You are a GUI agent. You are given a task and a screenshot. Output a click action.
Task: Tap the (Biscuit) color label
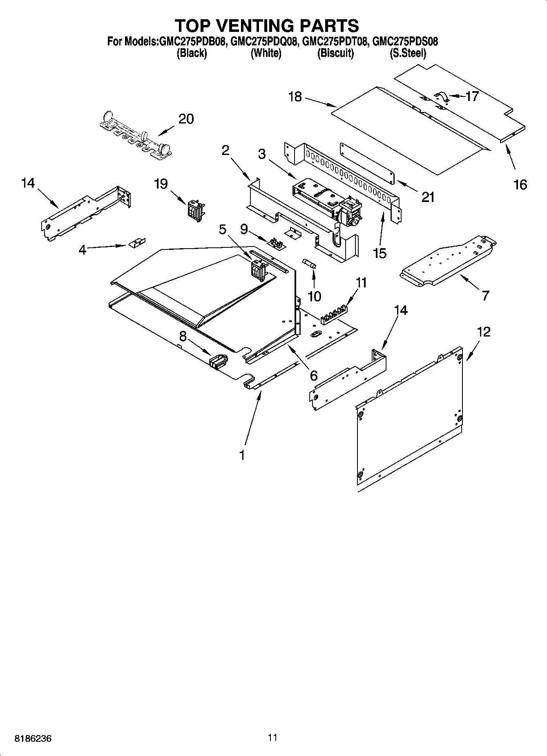coord(335,53)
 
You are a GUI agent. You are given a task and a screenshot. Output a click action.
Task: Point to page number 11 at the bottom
coord(273,737)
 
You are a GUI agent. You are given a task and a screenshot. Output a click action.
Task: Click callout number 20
coord(186,119)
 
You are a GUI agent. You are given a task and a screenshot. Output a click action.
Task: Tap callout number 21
coord(428,197)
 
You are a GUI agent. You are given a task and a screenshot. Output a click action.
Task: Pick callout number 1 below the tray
coord(242,455)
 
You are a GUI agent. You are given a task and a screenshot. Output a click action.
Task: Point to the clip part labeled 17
coord(441,96)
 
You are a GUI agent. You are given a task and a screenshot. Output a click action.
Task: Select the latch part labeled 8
coord(218,361)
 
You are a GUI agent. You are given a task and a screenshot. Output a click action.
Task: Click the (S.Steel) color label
coord(408,53)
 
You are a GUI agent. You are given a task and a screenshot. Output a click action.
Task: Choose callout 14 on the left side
coord(28,183)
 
